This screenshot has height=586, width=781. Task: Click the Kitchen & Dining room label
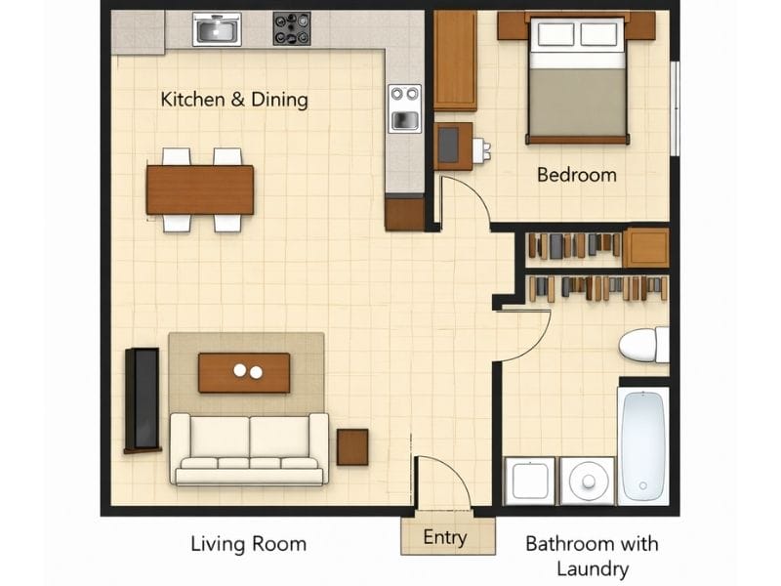tap(234, 100)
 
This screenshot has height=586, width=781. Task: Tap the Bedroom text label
tap(576, 175)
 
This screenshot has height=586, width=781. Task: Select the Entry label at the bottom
tap(445, 537)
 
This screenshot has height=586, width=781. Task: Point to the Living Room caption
tap(248, 544)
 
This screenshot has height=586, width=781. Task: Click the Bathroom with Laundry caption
tap(592, 556)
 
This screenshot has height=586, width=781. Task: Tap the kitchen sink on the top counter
tap(217, 30)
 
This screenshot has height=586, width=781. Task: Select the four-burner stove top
tap(291, 29)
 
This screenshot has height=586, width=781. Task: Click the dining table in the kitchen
tap(200, 189)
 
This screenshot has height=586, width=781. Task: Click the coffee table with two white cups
tap(244, 372)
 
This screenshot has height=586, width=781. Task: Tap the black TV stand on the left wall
tap(142, 399)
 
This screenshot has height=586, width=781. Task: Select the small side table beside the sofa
tap(352, 446)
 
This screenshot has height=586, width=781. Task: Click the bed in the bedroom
tap(576, 78)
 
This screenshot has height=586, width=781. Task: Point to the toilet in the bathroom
tap(644, 345)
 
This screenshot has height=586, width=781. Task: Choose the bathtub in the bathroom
tap(643, 444)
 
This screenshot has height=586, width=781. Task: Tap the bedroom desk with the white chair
tap(453, 146)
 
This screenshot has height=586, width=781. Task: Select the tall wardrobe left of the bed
tap(455, 61)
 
